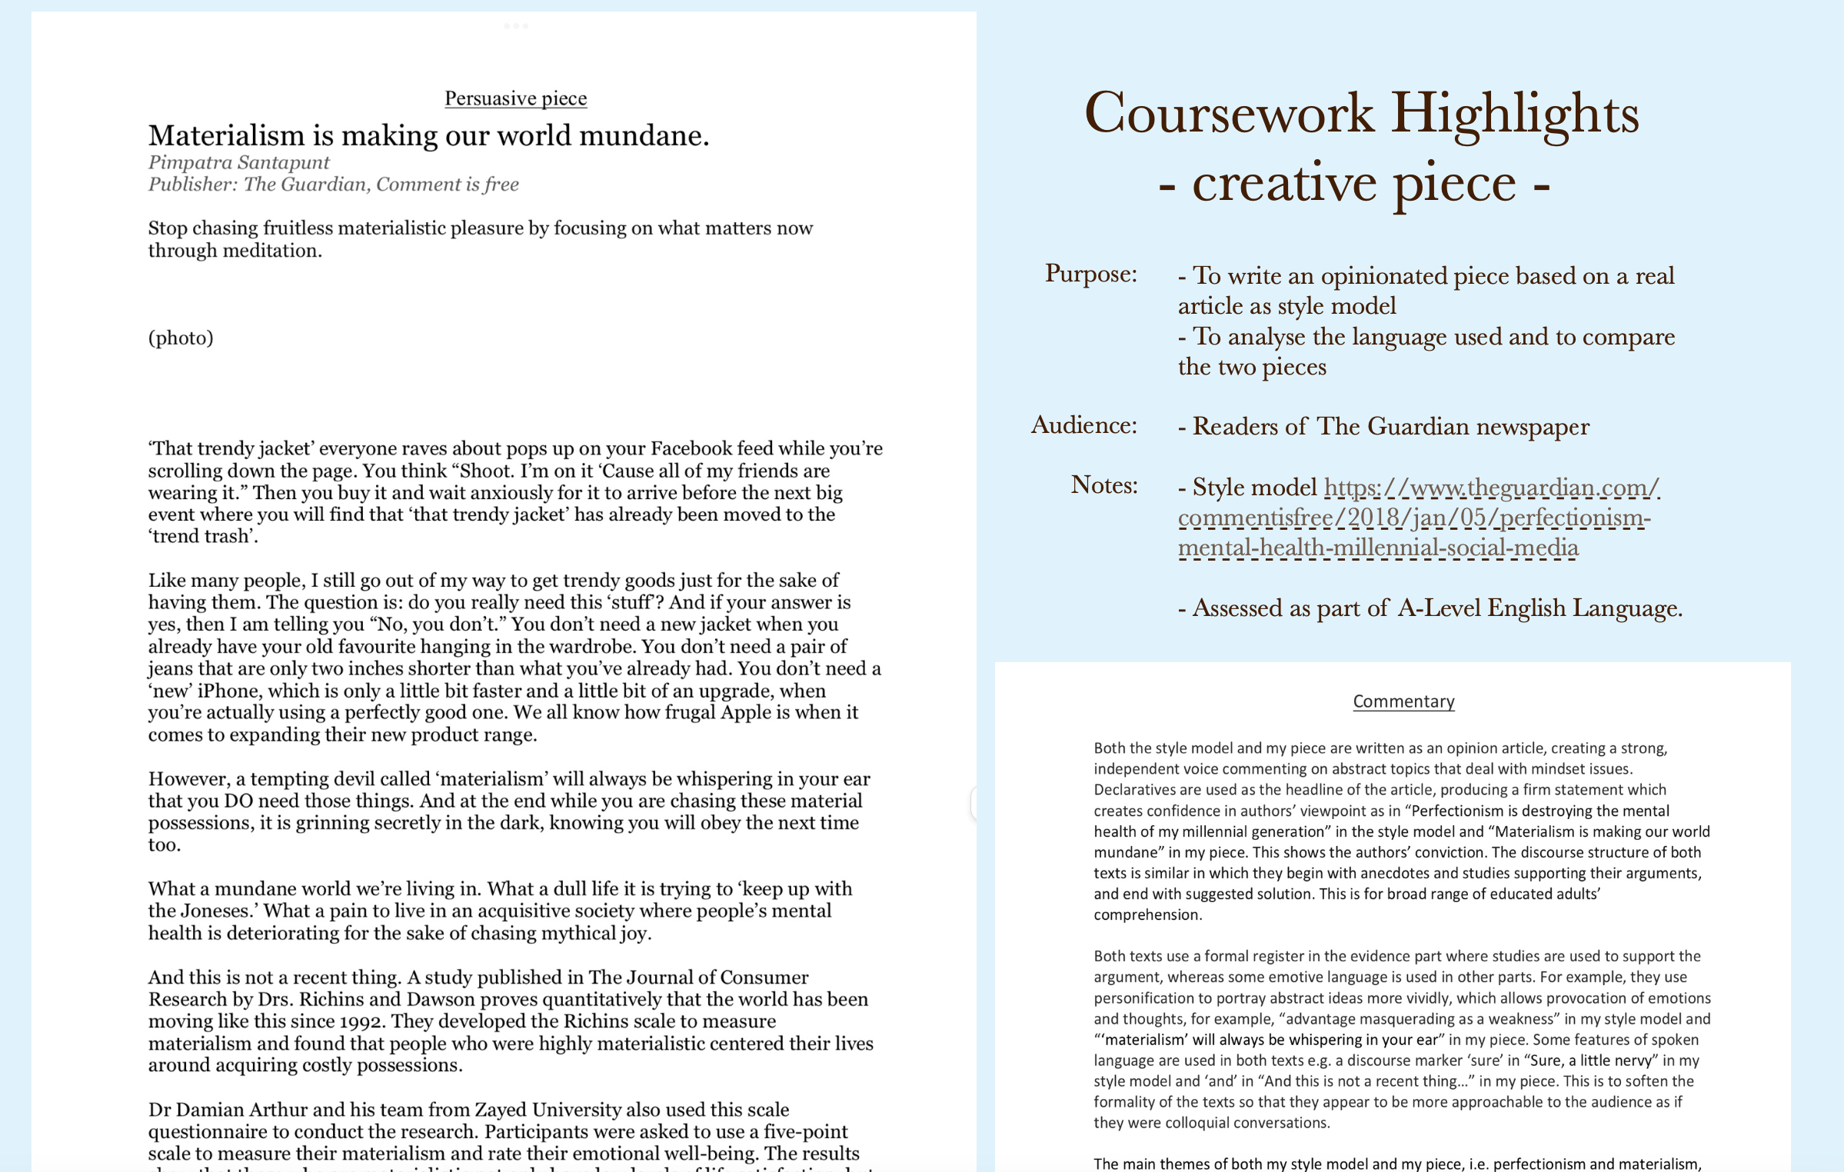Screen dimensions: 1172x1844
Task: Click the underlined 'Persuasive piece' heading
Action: pyautogui.click(x=515, y=98)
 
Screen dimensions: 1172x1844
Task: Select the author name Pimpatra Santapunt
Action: pyautogui.click(x=238, y=162)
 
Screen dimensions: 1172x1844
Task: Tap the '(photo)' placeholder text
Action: pyautogui.click(x=181, y=338)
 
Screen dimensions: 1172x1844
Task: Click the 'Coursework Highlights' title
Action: pyautogui.click(x=1361, y=114)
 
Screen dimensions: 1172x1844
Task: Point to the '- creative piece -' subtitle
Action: pyautogui.click(x=1353, y=184)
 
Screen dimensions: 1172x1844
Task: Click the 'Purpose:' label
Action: pyautogui.click(x=1090, y=274)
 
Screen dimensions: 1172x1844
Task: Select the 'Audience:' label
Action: pyautogui.click(x=1083, y=425)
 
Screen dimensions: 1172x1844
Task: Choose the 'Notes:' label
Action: pyautogui.click(x=1103, y=485)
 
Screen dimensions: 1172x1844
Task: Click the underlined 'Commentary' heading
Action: pyautogui.click(x=1403, y=701)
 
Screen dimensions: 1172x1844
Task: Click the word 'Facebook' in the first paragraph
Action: pyautogui.click(x=691, y=449)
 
